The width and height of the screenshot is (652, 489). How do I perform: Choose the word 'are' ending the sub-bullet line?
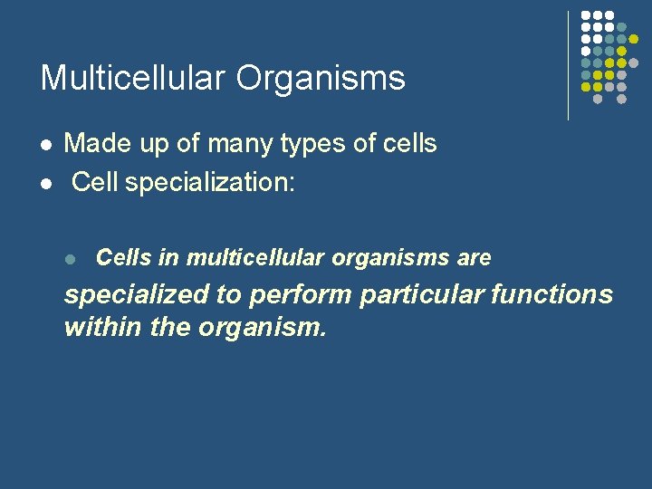tap(474, 258)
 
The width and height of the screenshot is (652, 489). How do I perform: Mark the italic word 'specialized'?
tap(135, 296)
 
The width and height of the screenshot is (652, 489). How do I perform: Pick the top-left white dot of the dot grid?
tap(586, 16)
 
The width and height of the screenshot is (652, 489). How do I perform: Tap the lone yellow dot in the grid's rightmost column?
tap(633, 40)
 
